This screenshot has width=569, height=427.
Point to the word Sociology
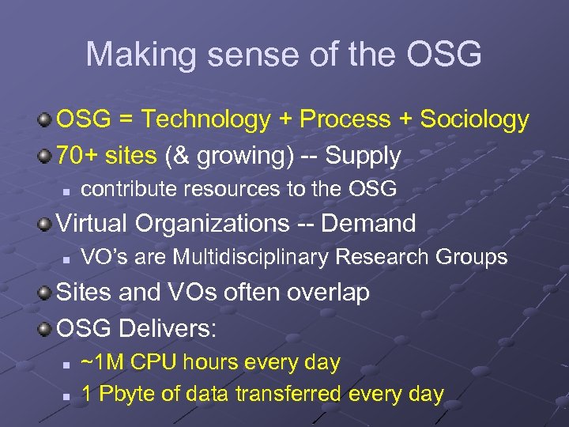coord(474,119)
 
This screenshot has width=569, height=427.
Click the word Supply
coord(364,156)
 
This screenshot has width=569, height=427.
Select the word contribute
coord(125,189)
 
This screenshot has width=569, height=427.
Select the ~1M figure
coord(104,362)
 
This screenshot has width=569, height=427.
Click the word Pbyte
coord(125,393)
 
